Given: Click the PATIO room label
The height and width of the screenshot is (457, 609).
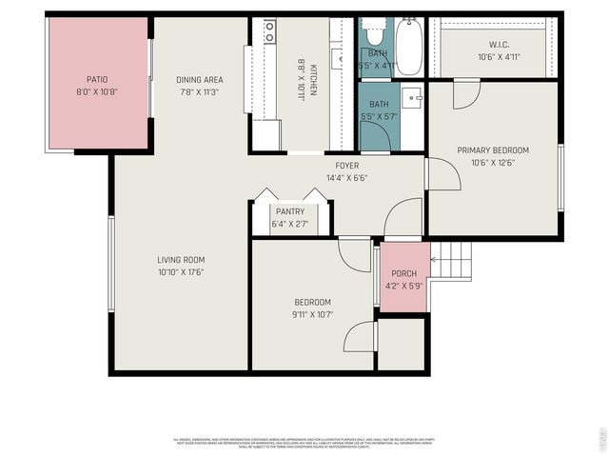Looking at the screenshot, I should coord(97,80).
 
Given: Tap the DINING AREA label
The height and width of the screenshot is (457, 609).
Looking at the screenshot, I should coord(199,80).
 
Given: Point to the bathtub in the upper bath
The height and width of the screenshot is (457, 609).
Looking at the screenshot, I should coord(409,48).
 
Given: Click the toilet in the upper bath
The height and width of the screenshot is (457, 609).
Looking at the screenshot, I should coord(374,36).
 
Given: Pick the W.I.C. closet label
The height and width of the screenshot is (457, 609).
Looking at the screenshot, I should coord(501,44).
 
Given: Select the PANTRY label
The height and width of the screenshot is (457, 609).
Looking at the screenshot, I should coord(289,211).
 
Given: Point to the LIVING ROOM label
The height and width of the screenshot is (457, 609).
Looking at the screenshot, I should coord(181,260).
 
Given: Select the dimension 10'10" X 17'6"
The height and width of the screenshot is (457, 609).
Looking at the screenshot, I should coord(181,272).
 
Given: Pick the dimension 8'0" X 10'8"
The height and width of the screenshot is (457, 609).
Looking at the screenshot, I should coord(97,92).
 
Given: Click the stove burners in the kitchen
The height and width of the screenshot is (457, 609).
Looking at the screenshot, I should coord(270,31).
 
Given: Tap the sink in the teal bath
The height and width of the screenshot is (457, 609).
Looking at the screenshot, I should coord(413,96).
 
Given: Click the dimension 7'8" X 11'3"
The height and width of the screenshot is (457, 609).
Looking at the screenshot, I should coord(199,92).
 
